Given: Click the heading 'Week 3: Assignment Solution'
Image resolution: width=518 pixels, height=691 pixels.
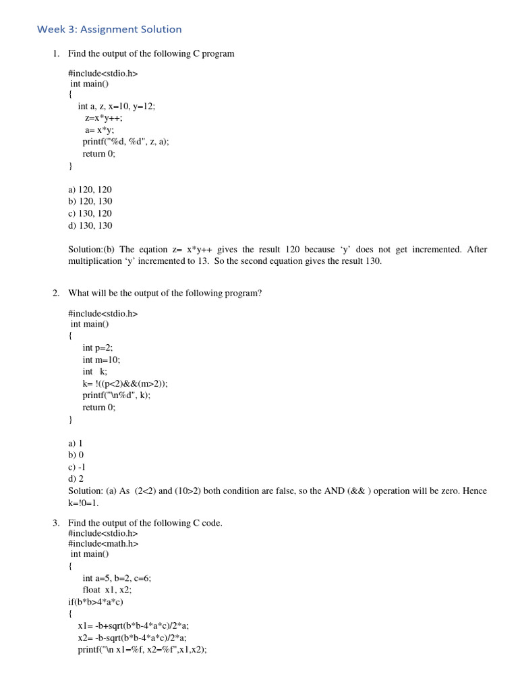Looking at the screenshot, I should click(x=109, y=29).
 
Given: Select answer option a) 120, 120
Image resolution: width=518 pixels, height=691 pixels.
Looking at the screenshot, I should click(x=90, y=190).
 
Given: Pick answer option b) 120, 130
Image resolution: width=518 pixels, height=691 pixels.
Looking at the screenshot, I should click(x=90, y=201).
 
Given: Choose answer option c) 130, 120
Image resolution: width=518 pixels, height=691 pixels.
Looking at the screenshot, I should click(x=90, y=213).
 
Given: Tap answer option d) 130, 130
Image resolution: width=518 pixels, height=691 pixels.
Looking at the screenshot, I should click(x=90, y=225).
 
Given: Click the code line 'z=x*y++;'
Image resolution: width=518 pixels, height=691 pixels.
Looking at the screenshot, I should click(x=104, y=118).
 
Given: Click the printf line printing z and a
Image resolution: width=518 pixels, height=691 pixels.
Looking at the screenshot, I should click(x=125, y=142).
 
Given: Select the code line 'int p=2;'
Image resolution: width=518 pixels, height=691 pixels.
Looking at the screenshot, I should click(x=98, y=348).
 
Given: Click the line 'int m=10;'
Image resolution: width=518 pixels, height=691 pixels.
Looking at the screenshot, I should click(x=101, y=360).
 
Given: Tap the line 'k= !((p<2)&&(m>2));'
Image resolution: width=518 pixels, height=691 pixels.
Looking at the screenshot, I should click(x=125, y=383).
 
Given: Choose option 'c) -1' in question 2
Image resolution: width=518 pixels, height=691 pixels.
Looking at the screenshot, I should click(x=77, y=467).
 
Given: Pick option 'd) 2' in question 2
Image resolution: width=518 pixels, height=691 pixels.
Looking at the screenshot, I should click(x=76, y=478).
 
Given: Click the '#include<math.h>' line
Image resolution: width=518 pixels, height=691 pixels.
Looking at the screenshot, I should click(x=103, y=543).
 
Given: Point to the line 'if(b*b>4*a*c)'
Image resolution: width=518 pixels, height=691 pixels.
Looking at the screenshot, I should click(x=96, y=602).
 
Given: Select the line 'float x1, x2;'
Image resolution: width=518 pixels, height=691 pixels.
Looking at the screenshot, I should click(x=107, y=590).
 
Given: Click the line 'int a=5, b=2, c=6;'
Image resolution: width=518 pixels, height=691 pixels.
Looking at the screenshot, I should click(x=117, y=578).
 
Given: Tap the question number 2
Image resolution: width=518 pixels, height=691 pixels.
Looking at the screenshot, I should click(x=56, y=293).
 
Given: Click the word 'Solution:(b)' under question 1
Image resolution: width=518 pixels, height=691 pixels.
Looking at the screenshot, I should click(x=91, y=250).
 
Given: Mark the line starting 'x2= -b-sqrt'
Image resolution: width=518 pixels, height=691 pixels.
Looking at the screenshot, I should click(x=132, y=638).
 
